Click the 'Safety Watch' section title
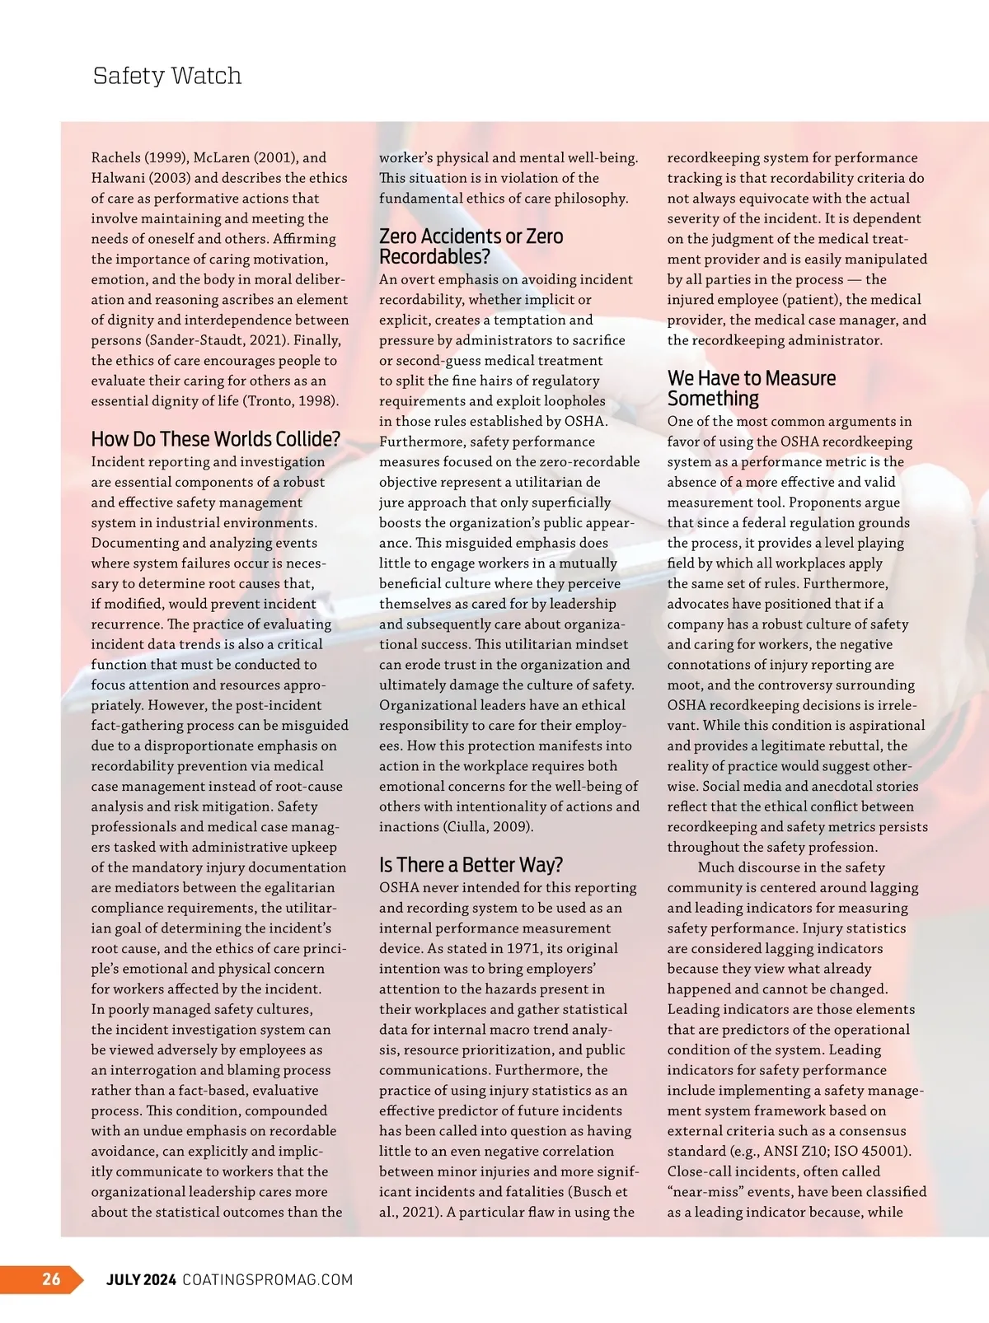(x=167, y=76)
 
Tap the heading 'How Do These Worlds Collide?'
(x=215, y=439)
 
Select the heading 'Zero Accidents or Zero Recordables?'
(x=471, y=246)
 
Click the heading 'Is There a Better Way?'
(x=471, y=865)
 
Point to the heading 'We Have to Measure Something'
(x=751, y=388)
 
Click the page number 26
(x=51, y=1279)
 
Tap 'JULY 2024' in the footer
(x=141, y=1279)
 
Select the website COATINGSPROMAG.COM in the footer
(x=267, y=1279)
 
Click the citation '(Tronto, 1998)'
(x=292, y=401)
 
